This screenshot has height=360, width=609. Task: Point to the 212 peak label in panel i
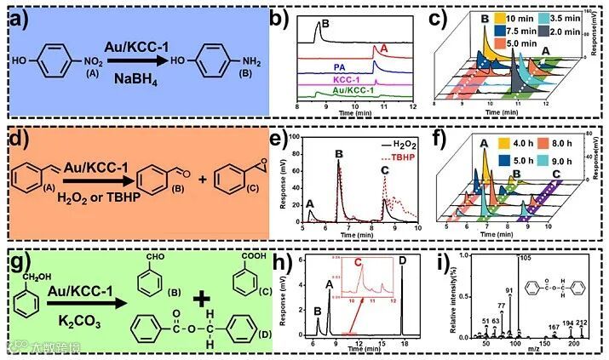[582, 323]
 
